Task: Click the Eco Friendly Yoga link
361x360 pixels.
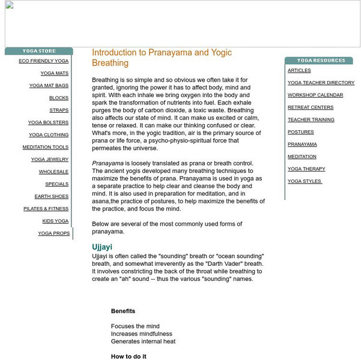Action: [43, 61]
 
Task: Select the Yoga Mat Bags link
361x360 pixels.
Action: [49, 86]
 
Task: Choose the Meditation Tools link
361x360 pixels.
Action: [46, 148]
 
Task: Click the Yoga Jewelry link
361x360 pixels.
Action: [50, 160]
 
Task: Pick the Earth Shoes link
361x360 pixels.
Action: [52, 197]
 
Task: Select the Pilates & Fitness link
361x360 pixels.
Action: [46, 209]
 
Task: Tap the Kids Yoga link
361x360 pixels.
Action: [55, 221]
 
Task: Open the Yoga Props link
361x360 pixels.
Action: [54, 233]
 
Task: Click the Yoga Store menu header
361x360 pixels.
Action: [38, 52]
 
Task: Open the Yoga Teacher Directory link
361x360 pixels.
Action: [321, 83]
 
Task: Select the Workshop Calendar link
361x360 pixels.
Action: [315, 95]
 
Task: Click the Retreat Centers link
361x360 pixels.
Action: [311, 107]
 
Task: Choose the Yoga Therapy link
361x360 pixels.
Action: [306, 169]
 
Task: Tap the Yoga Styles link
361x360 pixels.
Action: [305, 181]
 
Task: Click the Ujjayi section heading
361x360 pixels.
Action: [102, 247]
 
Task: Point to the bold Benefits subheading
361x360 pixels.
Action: [123, 311]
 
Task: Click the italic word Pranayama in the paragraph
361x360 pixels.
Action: [108, 163]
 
